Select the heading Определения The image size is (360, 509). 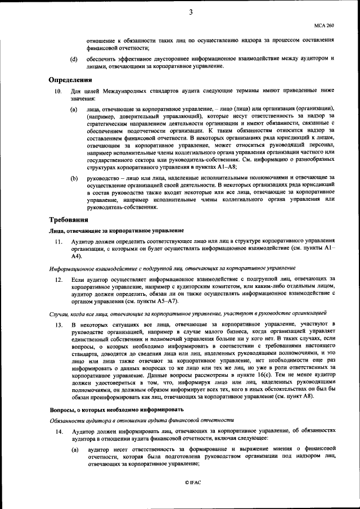click(x=70, y=81)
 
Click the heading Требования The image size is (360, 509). click(x=69, y=219)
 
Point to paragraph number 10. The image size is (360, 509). click(x=57, y=91)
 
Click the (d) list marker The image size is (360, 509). click(x=74, y=59)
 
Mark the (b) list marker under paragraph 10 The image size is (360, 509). click(x=74, y=178)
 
